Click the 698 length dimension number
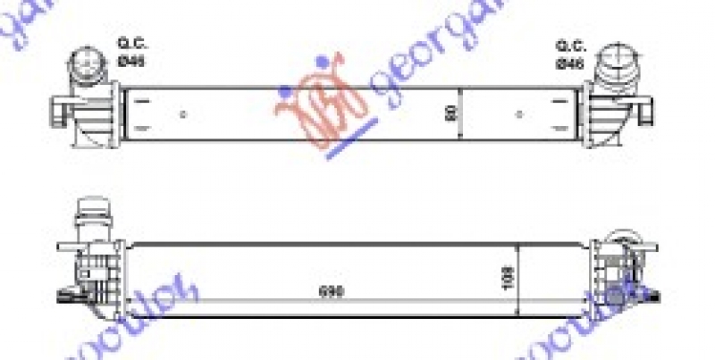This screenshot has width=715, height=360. (330, 292)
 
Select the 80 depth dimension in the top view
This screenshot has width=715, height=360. (447, 113)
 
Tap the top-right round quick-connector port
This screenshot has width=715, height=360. (617, 63)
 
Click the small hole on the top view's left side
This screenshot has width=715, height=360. (183, 113)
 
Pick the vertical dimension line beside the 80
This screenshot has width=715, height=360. (459, 113)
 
